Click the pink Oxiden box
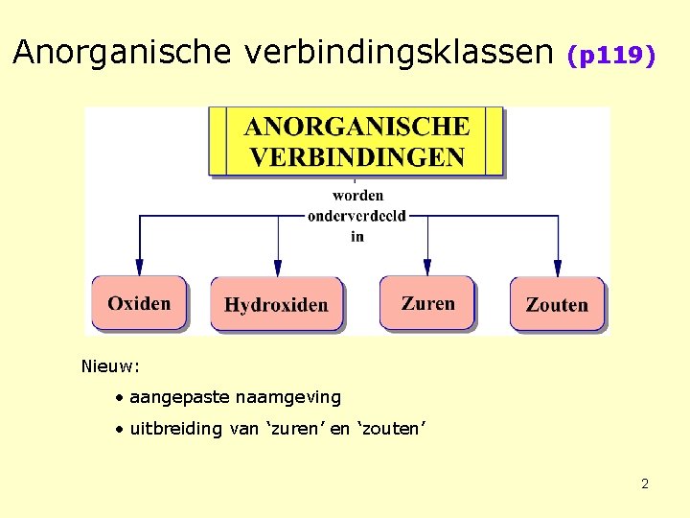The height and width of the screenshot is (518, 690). tap(139, 303)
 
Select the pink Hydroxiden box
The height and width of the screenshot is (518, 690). tap(276, 305)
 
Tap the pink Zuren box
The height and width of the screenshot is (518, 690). tap(427, 303)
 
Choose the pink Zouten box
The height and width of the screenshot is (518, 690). tap(557, 305)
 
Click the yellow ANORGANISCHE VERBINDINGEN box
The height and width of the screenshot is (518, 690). tap(356, 141)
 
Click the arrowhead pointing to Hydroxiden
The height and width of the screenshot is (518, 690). tap(278, 267)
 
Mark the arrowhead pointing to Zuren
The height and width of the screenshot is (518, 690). tap(427, 267)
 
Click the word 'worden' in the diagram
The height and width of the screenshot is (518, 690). tap(357, 196)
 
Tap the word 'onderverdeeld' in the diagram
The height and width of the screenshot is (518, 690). tap(357, 216)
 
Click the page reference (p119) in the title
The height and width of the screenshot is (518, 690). tap(611, 56)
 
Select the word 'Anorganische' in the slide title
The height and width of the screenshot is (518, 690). tap(123, 53)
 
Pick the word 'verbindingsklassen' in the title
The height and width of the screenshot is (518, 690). tap(398, 53)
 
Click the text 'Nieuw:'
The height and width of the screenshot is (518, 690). tap(111, 365)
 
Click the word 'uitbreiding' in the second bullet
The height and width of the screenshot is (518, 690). tap(175, 429)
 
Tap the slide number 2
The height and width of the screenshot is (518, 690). tap(645, 483)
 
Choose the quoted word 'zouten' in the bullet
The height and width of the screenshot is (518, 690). tap(390, 429)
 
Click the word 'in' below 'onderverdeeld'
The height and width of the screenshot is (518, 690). tap(357, 236)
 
